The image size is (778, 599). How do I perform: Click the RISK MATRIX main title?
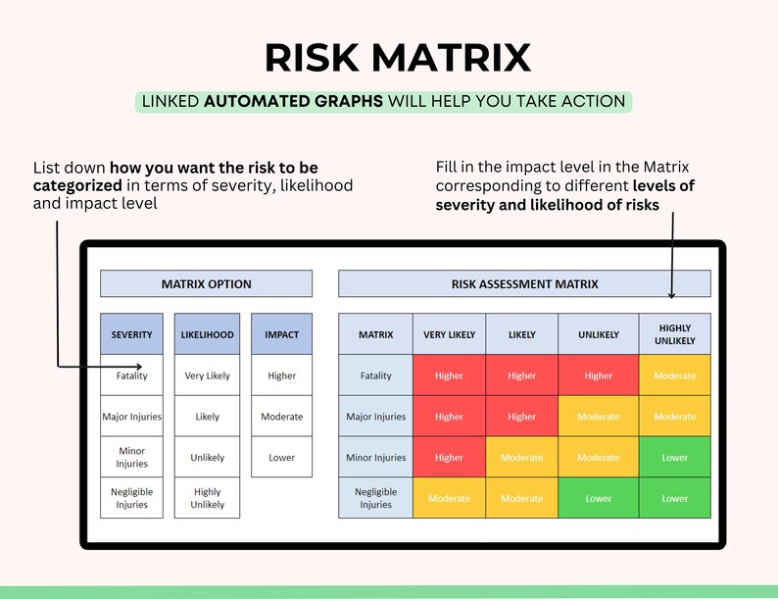coord(397,57)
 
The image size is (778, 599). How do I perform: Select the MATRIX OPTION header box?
coord(206,284)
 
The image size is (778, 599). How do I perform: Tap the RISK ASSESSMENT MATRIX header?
coord(524,284)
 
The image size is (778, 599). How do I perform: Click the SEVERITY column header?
coord(132,334)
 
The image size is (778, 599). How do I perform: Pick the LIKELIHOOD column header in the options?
coord(207,334)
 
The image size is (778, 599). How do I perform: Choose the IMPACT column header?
coord(281,334)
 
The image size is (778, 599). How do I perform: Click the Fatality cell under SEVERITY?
coord(132,375)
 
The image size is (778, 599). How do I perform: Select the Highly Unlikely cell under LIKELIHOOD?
coord(207,498)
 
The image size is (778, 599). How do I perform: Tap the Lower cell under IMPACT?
coord(281,458)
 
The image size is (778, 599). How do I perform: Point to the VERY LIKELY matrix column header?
coord(449,334)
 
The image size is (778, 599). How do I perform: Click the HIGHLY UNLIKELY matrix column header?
coord(675,334)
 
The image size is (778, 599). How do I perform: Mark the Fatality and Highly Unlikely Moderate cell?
coord(675,375)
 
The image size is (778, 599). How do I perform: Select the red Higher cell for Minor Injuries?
coord(449,458)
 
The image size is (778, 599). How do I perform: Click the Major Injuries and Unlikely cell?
coord(599,417)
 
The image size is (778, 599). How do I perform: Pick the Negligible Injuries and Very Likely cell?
coord(449,498)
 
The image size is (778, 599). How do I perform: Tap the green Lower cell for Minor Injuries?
coord(675,458)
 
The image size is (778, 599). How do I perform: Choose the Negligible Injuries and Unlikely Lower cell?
coord(599,498)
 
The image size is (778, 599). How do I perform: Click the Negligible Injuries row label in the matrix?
coord(375,498)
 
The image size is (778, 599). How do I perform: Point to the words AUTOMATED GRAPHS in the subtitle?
coord(294,101)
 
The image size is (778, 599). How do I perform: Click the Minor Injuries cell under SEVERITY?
coord(132,458)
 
